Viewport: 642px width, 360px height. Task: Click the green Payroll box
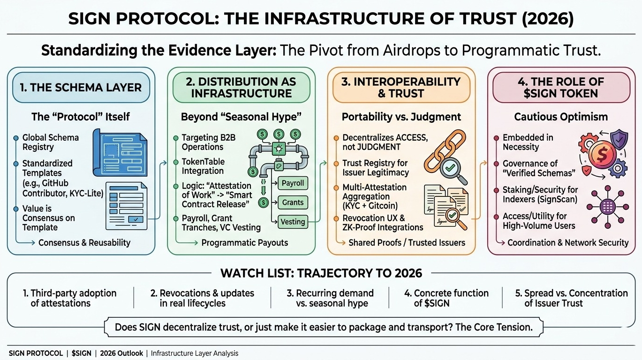[293, 183]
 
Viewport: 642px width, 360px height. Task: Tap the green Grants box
[293, 202]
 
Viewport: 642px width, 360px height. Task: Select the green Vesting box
[293, 222]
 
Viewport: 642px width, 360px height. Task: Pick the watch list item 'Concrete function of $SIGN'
[446, 298]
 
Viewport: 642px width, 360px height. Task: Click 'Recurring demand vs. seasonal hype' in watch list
[330, 298]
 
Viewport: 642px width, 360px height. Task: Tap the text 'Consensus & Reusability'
[84, 243]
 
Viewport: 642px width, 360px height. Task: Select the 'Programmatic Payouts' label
[244, 243]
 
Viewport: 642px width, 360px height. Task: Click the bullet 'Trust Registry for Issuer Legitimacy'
[375, 168]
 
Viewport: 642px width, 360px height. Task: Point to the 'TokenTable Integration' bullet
[203, 166]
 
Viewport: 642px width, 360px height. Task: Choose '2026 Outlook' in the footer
[121, 353]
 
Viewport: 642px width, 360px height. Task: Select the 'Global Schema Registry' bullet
[51, 142]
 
